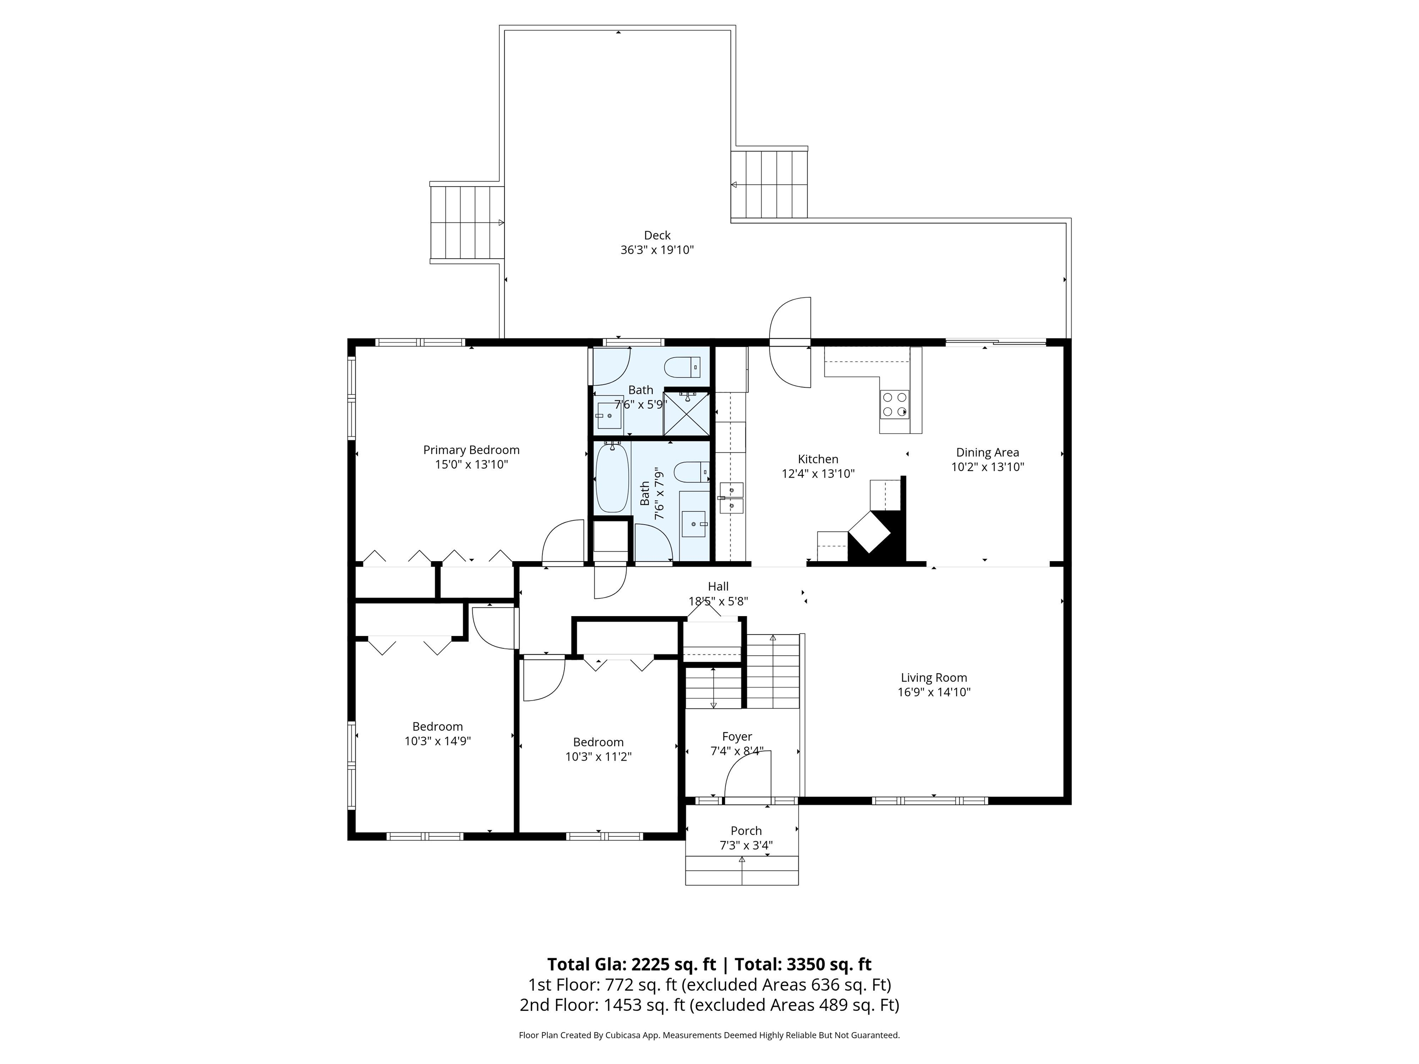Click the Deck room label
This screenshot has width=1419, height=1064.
coord(657,236)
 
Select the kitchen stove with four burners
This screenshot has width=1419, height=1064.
coord(894,404)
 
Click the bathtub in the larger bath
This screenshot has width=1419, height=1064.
coord(612,478)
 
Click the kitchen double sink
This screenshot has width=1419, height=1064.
coord(731,498)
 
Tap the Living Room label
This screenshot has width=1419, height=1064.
coord(934,677)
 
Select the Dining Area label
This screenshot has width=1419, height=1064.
coord(987,452)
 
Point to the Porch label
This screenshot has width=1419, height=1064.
coord(746,830)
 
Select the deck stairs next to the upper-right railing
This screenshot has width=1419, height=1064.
coord(769,185)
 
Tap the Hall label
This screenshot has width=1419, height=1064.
coord(718,586)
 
